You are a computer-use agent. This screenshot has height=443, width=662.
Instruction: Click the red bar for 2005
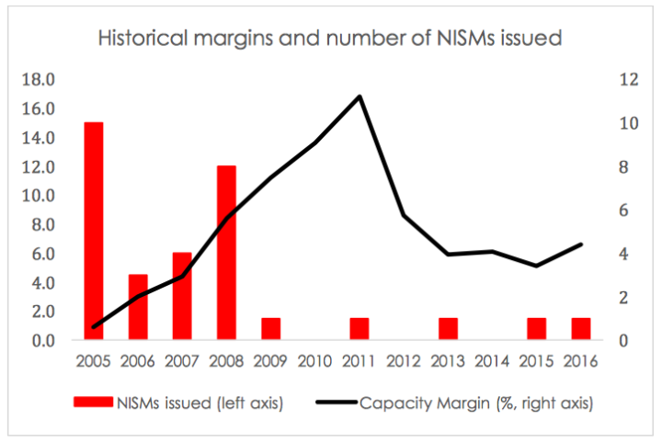(x=94, y=231)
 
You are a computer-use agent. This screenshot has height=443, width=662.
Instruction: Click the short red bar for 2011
(x=360, y=329)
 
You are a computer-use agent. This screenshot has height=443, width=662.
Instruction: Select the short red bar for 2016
(x=580, y=329)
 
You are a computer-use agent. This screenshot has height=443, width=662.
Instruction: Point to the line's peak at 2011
(x=360, y=97)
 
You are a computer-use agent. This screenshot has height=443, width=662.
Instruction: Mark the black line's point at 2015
(x=536, y=266)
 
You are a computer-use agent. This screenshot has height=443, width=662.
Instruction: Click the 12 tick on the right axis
(x=628, y=79)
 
